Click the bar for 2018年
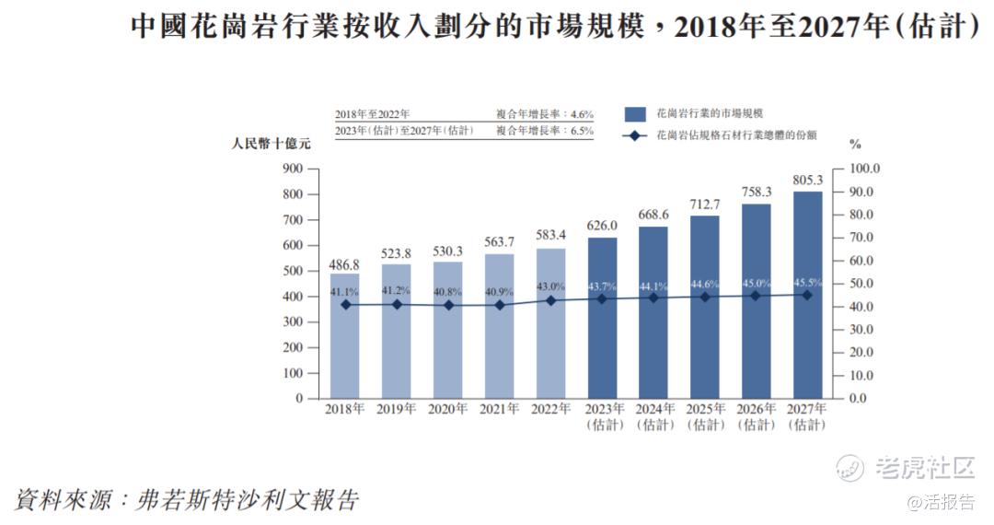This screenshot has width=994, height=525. tap(345, 336)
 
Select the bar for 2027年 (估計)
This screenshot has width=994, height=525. tap(806, 295)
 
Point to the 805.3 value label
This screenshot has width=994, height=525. tap(806, 180)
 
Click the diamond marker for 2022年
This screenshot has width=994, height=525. tap(551, 300)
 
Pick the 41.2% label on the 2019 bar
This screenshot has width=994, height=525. tap(397, 290)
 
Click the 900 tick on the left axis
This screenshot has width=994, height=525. tap(293, 169)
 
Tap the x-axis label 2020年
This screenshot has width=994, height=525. tap(448, 408)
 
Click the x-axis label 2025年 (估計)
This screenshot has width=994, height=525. tap(704, 416)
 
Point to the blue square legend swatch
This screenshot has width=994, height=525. tap(633, 113)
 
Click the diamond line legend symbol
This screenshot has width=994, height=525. tap(633, 135)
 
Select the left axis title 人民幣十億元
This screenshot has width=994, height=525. tap(272, 144)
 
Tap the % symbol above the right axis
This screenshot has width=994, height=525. tap(855, 144)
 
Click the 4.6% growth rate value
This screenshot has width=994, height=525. tap(581, 114)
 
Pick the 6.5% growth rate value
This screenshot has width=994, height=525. tap(581, 131)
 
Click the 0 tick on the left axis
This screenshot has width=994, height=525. tap(299, 399)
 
